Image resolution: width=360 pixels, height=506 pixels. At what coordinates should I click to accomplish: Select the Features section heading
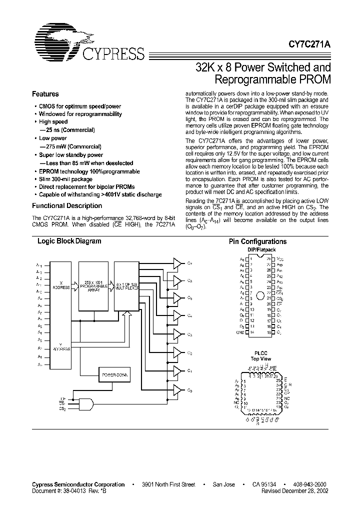coord(45,94)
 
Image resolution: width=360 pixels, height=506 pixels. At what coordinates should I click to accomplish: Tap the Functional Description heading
coord(67,205)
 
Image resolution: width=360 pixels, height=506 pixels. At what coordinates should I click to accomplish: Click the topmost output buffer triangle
coord(177,263)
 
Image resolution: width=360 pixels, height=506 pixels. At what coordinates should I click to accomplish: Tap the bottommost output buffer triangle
coord(177,389)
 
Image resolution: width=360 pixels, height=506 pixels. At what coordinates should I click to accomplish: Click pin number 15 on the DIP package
coord(268,332)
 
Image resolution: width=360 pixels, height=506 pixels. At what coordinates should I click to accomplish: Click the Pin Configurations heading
coord(257,241)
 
